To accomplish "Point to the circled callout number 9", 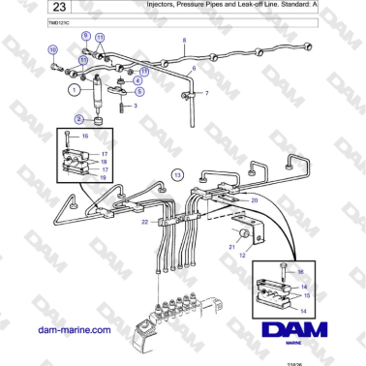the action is (86, 36).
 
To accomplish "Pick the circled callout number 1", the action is (73, 89).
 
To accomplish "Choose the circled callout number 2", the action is (67, 119).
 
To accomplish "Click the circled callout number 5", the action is (139, 91).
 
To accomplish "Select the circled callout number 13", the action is (176, 173).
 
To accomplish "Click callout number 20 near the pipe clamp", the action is (255, 199).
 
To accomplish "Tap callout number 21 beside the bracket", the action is (232, 247).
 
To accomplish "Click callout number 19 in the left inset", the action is (105, 179).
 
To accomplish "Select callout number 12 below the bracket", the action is (243, 255).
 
